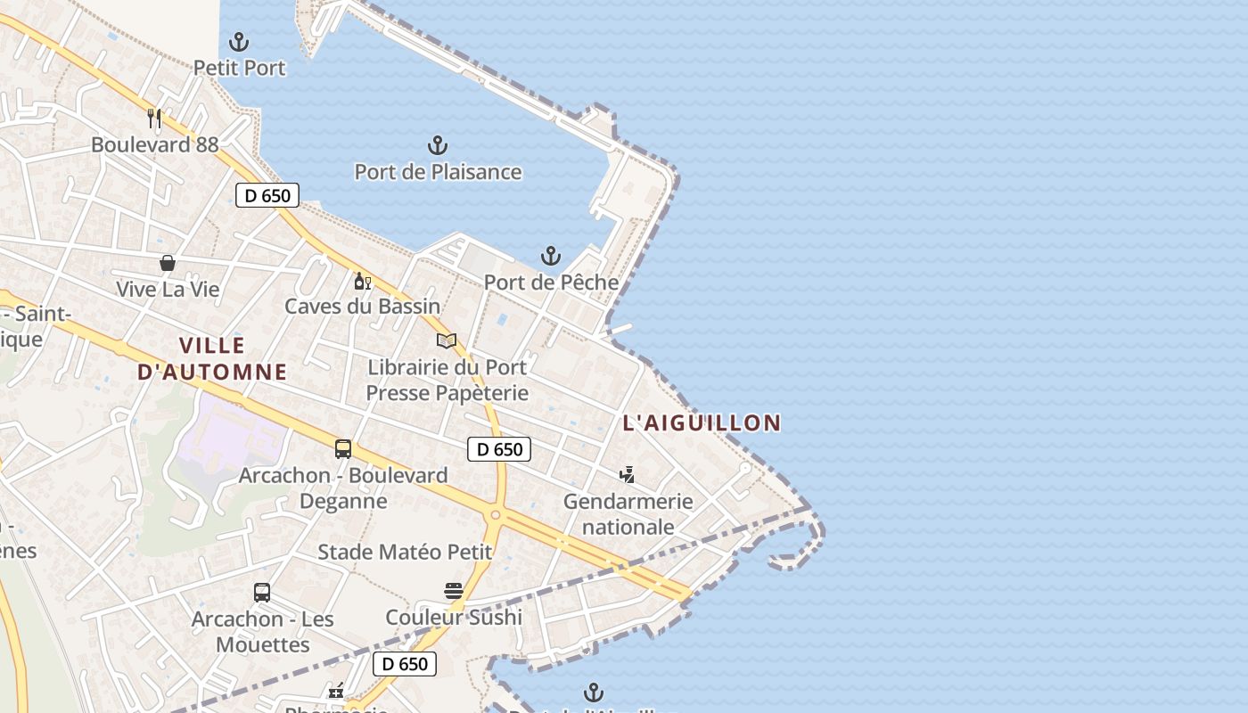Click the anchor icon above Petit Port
click(x=239, y=41)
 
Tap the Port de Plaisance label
click(x=438, y=171)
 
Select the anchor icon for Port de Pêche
click(x=551, y=257)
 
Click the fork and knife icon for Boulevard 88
click(x=154, y=118)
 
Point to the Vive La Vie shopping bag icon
click(x=167, y=263)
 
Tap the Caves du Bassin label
click(x=362, y=306)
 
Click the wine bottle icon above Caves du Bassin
click(x=362, y=282)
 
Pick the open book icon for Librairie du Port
click(x=447, y=340)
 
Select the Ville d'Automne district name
click(x=212, y=358)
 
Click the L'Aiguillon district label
click(x=702, y=422)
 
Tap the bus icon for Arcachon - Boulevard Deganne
click(x=343, y=449)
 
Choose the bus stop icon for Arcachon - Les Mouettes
click(x=262, y=593)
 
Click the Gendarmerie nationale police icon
click(x=628, y=475)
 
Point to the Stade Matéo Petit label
click(x=405, y=552)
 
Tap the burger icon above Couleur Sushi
click(x=454, y=591)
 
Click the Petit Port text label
click(x=239, y=68)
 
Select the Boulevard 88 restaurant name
click(x=154, y=144)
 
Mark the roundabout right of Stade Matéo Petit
click(x=495, y=515)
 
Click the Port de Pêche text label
click(x=551, y=283)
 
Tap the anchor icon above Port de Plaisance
click(x=438, y=145)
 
